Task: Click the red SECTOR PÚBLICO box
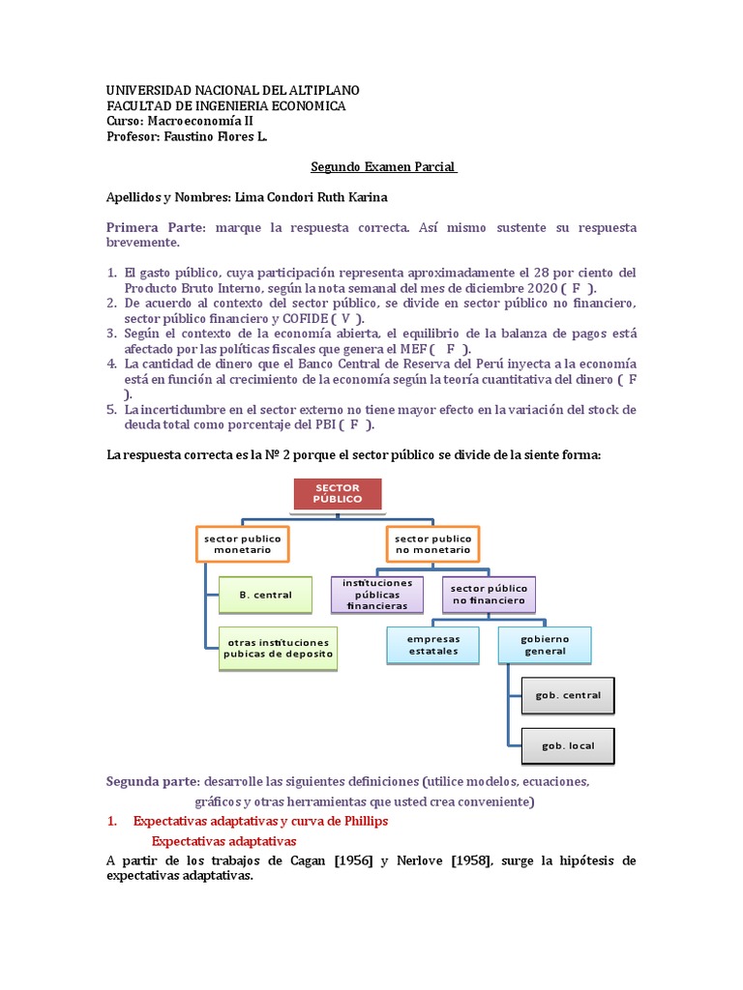coord(338,494)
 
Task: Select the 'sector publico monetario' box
coord(243,543)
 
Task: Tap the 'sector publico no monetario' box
coord(432,543)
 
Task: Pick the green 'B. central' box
coord(265,595)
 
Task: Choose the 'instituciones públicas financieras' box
coord(376,595)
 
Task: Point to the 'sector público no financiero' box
coord(489,594)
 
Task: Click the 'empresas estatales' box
coord(433,645)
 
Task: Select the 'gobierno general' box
coord(545,645)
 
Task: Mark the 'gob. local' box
coord(568,745)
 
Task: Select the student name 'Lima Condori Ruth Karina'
coord(318,196)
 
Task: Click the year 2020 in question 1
coord(540,288)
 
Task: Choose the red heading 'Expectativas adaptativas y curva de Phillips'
coord(260,821)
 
